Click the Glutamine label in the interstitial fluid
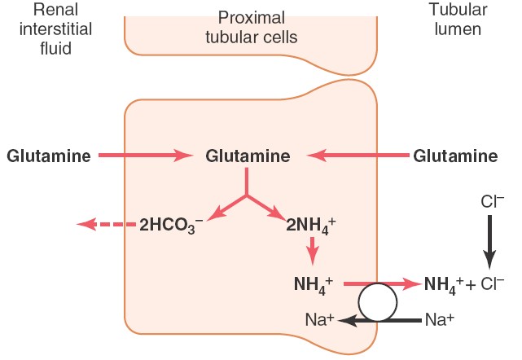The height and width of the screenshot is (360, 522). (48, 155)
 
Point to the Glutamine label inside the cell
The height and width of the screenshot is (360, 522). (248, 155)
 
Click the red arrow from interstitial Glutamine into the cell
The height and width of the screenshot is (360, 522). (143, 155)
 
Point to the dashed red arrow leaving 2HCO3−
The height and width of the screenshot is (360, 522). (101, 223)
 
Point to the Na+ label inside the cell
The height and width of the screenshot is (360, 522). (318, 321)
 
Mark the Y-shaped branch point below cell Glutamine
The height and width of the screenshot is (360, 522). (247, 195)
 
